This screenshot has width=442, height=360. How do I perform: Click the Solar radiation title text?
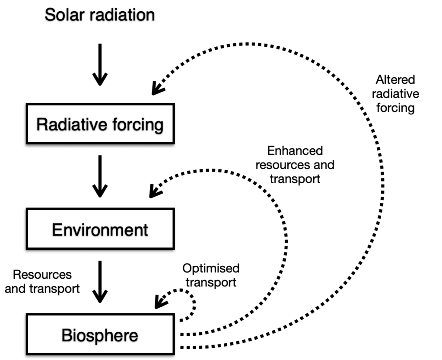100,15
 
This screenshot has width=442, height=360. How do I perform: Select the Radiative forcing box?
100,124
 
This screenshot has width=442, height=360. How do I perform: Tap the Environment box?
100,229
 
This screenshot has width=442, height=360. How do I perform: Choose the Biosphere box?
100,335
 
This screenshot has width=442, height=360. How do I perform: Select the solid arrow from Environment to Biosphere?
100,281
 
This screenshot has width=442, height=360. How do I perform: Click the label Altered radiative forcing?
395,94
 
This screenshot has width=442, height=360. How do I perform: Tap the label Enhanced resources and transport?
295,165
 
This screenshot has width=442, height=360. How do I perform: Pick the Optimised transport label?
210,275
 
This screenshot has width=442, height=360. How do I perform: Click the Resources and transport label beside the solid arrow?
42,281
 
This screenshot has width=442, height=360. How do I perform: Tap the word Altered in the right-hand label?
395,80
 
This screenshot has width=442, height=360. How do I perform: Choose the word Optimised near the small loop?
210,269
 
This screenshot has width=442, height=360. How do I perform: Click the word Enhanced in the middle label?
295,151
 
